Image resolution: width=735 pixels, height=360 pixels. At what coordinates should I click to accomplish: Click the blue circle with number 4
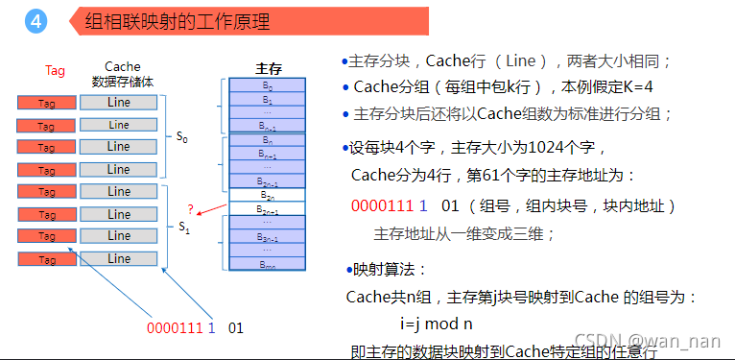coord(36,21)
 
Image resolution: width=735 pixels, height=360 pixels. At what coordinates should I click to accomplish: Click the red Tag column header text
coord(55,70)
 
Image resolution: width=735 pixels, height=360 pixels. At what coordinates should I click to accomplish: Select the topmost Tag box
coord(46,103)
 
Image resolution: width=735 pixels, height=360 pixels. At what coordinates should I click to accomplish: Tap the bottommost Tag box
coord(46,259)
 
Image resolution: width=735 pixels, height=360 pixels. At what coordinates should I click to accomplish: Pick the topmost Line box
coord(118,102)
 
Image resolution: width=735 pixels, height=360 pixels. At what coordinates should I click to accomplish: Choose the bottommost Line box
coord(118,258)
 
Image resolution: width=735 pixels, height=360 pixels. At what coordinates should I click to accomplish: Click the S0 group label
coord(181,138)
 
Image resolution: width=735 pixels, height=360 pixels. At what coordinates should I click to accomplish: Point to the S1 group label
coord(183,227)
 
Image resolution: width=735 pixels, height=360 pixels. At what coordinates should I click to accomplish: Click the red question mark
coord(190,208)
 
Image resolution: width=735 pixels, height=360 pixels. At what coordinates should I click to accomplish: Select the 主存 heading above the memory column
coord(268,69)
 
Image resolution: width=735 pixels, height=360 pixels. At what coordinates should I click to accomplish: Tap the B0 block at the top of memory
coord(268,85)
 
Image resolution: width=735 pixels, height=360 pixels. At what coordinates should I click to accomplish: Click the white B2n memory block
coord(268,195)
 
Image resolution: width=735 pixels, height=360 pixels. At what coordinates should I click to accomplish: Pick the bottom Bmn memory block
coord(268,265)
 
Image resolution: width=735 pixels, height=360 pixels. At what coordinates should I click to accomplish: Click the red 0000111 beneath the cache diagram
coord(175,327)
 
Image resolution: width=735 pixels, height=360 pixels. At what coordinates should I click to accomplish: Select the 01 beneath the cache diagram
coord(236,327)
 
